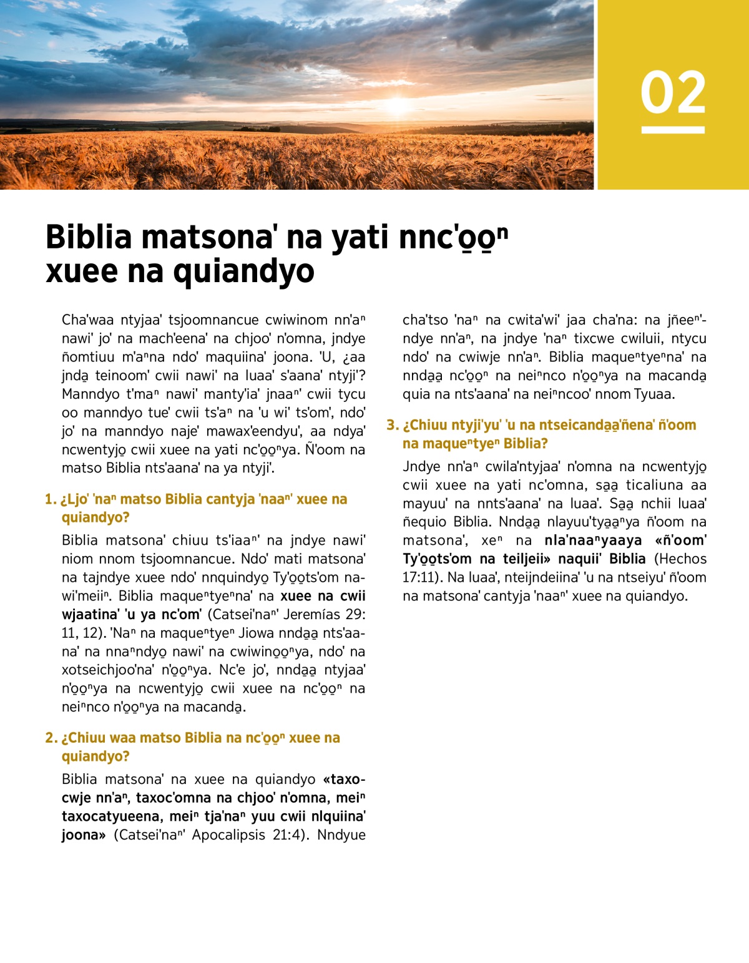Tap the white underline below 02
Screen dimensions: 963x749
pyautogui.click(x=673, y=130)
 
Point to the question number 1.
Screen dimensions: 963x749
pyautogui.click(x=50, y=499)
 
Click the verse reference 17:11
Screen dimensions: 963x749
pyautogui.click(x=422, y=577)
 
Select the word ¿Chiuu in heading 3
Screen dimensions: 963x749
pyautogui.click(x=424, y=425)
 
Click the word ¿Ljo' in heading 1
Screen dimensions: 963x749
pyautogui.click(x=74, y=499)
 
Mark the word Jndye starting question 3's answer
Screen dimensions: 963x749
pyautogui.click(x=422, y=466)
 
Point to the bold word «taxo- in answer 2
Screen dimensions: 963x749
pyautogui.click(x=344, y=780)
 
